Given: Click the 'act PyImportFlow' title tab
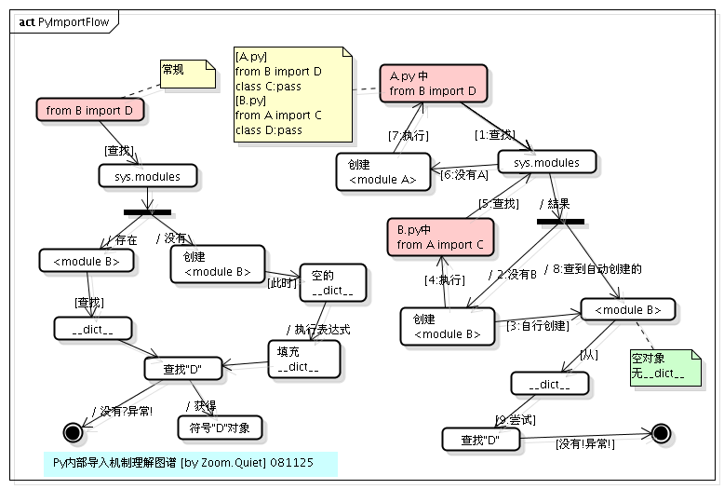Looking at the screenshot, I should click(62, 20).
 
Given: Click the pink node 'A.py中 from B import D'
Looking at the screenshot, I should click(433, 83).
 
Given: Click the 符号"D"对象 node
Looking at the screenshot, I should click(220, 428).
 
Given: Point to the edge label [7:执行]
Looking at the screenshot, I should click(408, 135).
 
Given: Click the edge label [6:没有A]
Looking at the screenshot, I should click(463, 174).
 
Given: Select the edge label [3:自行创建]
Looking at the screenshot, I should click(537, 326).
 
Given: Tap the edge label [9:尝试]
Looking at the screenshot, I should click(515, 420).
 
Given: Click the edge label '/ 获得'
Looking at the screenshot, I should click(201, 405).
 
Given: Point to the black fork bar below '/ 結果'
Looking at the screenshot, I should click(560, 222).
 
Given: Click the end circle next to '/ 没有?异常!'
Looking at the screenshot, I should click(73, 430).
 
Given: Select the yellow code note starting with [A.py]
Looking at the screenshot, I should click(292, 94).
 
